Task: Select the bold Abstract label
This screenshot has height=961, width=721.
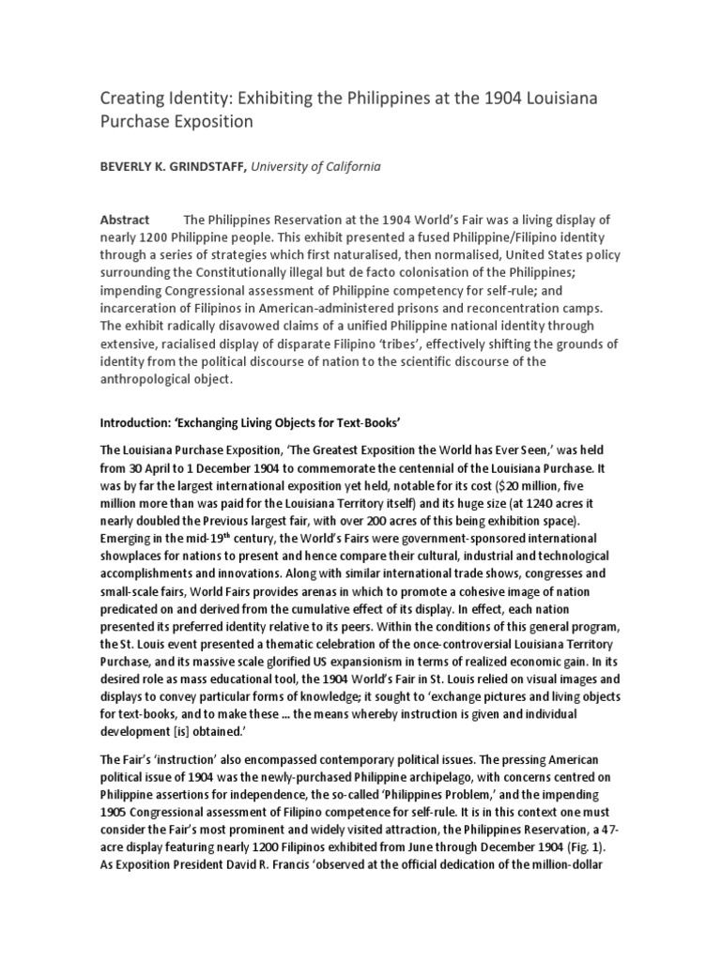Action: click(124, 220)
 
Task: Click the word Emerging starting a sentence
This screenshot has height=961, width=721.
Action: click(130, 538)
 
